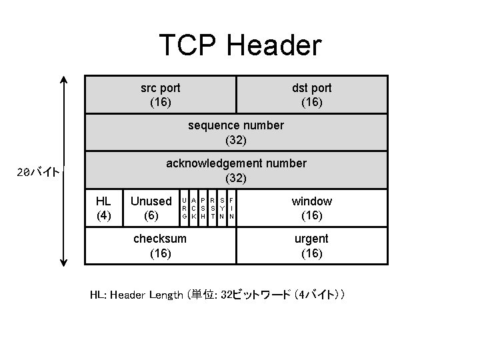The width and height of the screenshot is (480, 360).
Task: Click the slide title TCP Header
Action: coord(240,45)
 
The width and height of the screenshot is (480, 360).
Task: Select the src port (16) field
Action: coord(161,95)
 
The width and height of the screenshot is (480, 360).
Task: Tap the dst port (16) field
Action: coord(311,95)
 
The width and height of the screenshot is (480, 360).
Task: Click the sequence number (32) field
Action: coord(236,133)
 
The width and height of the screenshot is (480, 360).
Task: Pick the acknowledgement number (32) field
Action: coord(236,171)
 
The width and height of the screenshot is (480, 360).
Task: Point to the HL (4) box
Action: coord(103,208)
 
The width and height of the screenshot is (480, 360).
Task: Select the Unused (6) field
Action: coord(151,208)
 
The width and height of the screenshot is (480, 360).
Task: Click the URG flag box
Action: coord(184,208)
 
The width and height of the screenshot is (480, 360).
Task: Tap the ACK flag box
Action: coord(193,208)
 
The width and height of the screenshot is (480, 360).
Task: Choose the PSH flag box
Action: coord(203,208)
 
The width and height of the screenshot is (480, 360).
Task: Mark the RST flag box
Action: coord(212,208)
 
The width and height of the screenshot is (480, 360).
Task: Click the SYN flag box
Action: coord(221,208)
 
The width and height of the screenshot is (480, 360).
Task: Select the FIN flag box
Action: coord(231,208)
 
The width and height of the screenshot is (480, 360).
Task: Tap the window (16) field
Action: coord(311,208)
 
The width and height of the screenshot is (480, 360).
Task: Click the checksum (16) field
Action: coord(160,246)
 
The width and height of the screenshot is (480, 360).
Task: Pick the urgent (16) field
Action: coord(311,246)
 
